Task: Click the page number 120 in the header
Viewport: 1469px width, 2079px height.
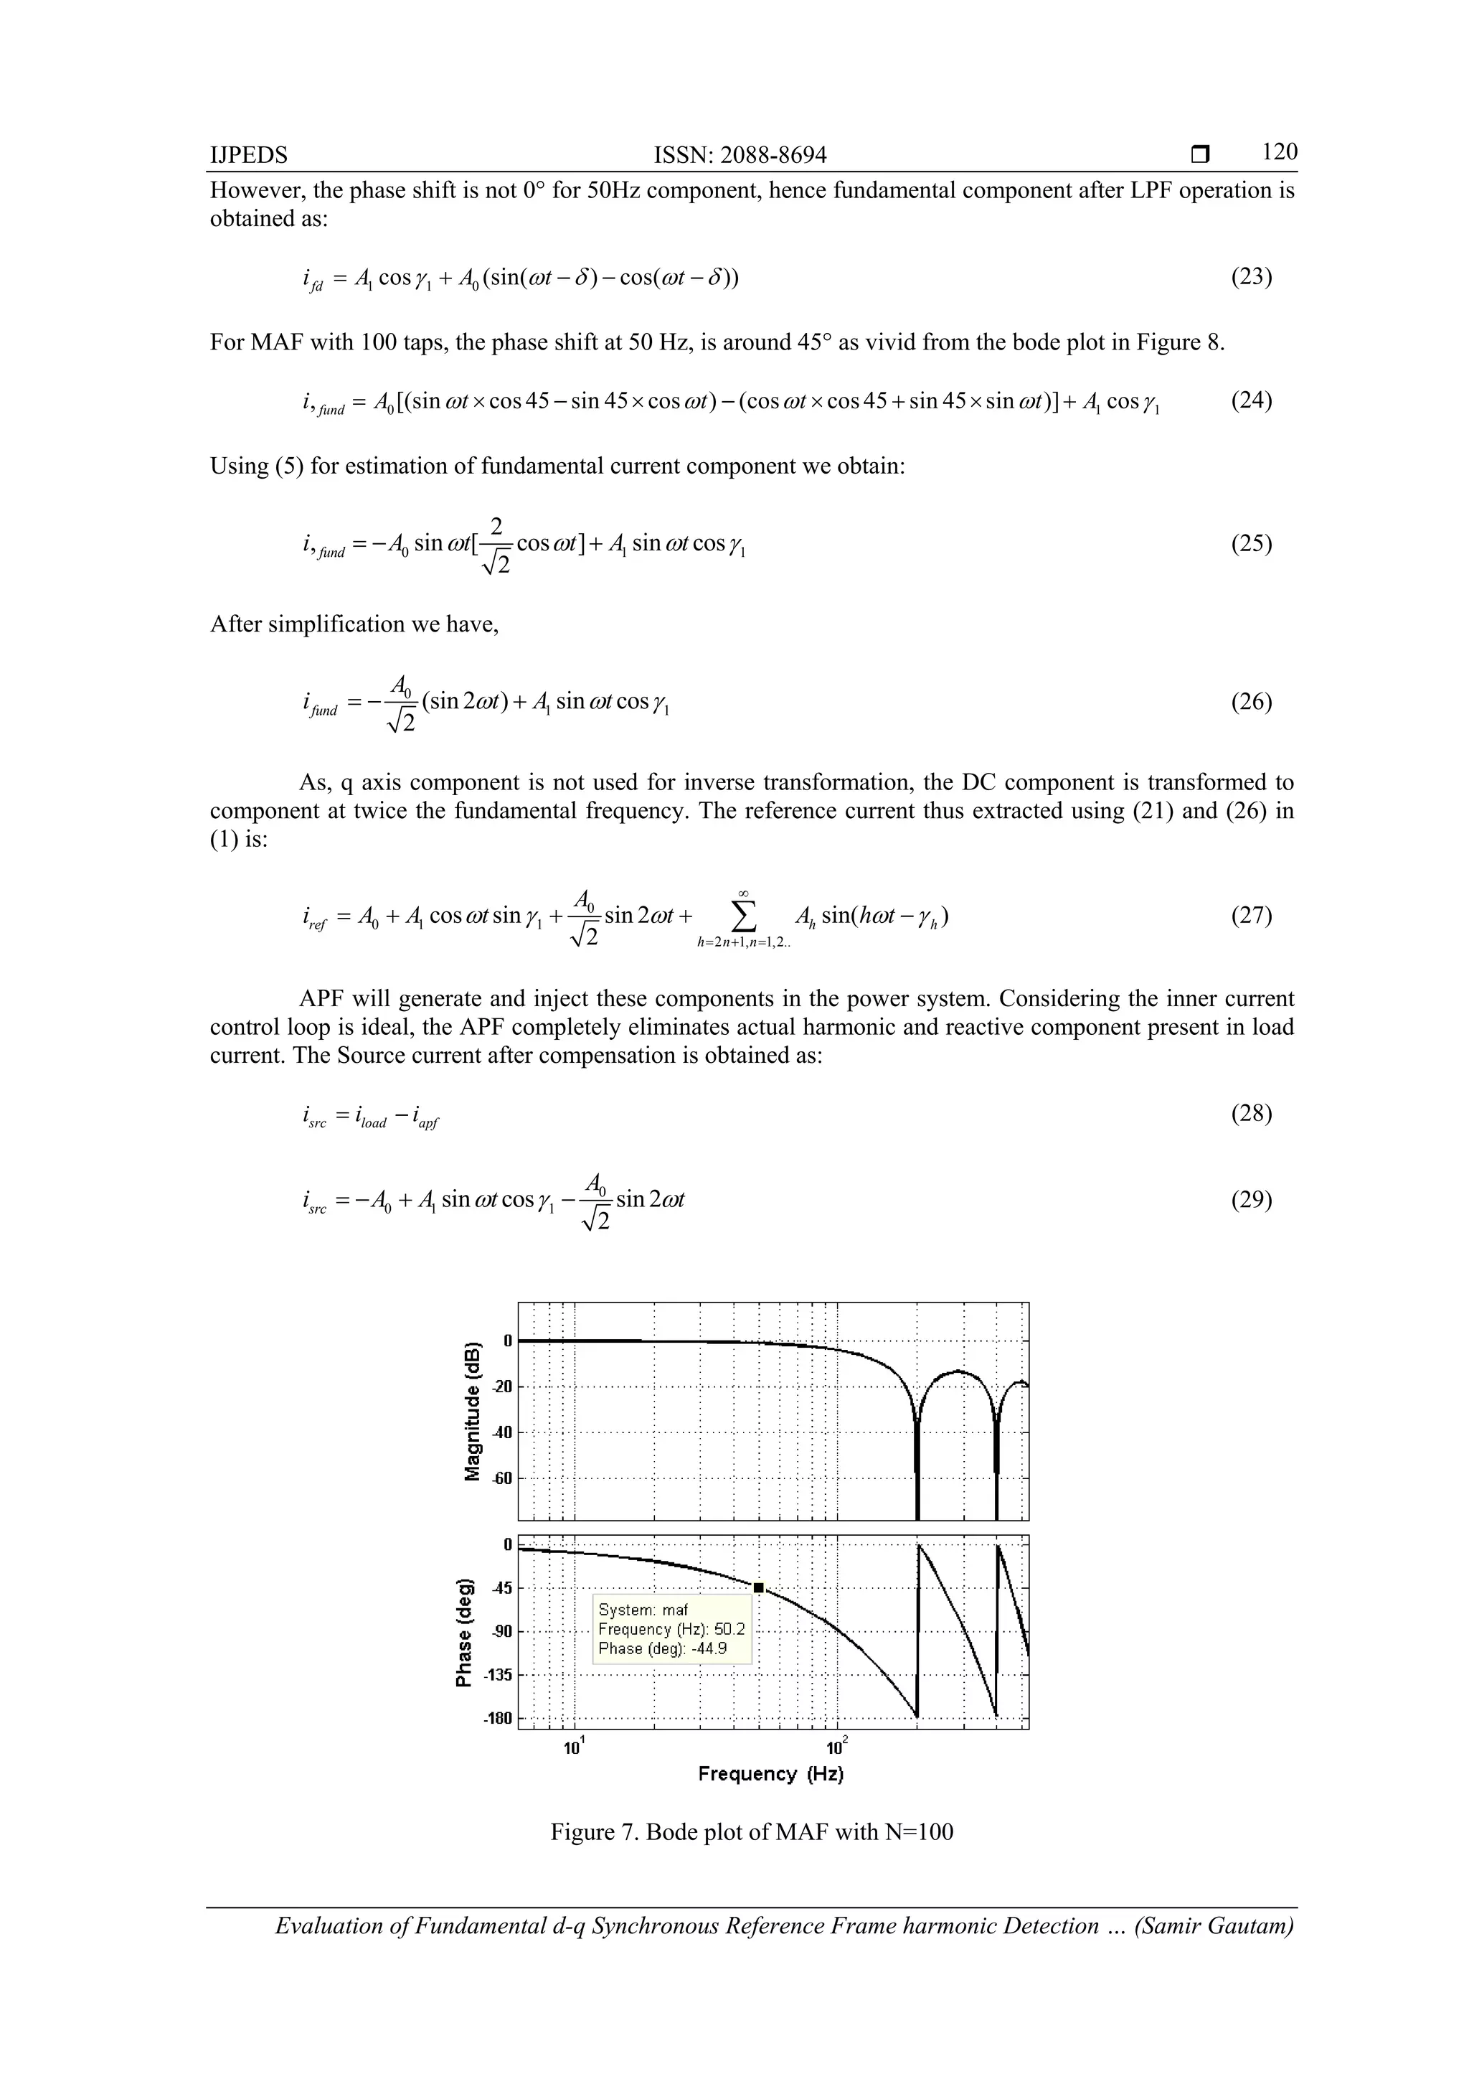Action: coord(1279,152)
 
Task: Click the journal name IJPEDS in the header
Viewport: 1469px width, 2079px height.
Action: coord(249,156)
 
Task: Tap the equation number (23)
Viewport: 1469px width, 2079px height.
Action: coord(1251,276)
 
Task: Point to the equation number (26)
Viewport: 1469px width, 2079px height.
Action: coord(1251,702)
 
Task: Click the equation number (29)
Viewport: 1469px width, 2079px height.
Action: coord(1251,1200)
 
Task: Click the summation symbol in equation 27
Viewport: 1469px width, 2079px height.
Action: coord(742,917)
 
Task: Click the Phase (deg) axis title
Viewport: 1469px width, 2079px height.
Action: coord(463,1633)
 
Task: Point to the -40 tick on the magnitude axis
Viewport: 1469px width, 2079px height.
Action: coord(501,1432)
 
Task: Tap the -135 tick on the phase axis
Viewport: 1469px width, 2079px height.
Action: coord(497,1675)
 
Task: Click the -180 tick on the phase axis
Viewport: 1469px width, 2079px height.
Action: coord(497,1719)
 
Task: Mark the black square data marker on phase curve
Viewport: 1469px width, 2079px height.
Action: coord(758,1587)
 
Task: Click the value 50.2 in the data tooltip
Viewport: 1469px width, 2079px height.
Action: coord(729,1630)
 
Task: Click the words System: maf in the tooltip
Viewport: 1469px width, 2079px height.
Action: coord(643,1610)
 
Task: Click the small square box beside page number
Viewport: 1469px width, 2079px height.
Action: coord(1200,155)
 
